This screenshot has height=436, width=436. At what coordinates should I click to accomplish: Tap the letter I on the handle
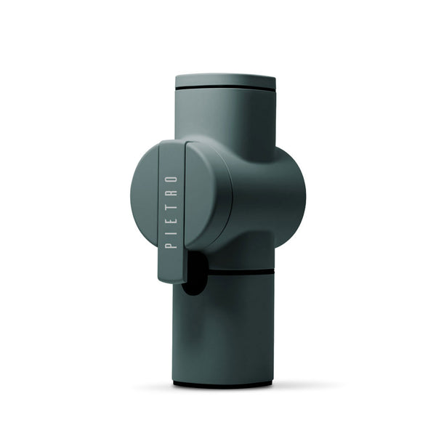[171, 232]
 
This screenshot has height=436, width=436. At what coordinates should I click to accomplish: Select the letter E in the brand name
[171, 219]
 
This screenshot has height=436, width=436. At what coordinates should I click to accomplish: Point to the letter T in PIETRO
[171, 206]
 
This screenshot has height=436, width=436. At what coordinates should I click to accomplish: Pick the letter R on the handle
[171, 192]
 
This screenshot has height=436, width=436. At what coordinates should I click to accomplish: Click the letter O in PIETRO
[171, 178]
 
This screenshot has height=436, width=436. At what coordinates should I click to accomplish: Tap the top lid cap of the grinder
[225, 79]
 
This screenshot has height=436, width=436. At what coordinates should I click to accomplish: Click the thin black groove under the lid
[225, 88]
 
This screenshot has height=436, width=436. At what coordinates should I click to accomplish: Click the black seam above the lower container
[240, 273]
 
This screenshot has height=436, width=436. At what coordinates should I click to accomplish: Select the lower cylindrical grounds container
[225, 327]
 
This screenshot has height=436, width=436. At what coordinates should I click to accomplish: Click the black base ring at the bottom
[225, 383]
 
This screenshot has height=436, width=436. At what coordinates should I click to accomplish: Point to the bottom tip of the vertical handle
[171, 276]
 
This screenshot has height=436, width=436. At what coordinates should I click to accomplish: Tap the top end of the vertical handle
[171, 145]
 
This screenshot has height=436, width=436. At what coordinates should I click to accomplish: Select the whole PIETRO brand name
[171, 211]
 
